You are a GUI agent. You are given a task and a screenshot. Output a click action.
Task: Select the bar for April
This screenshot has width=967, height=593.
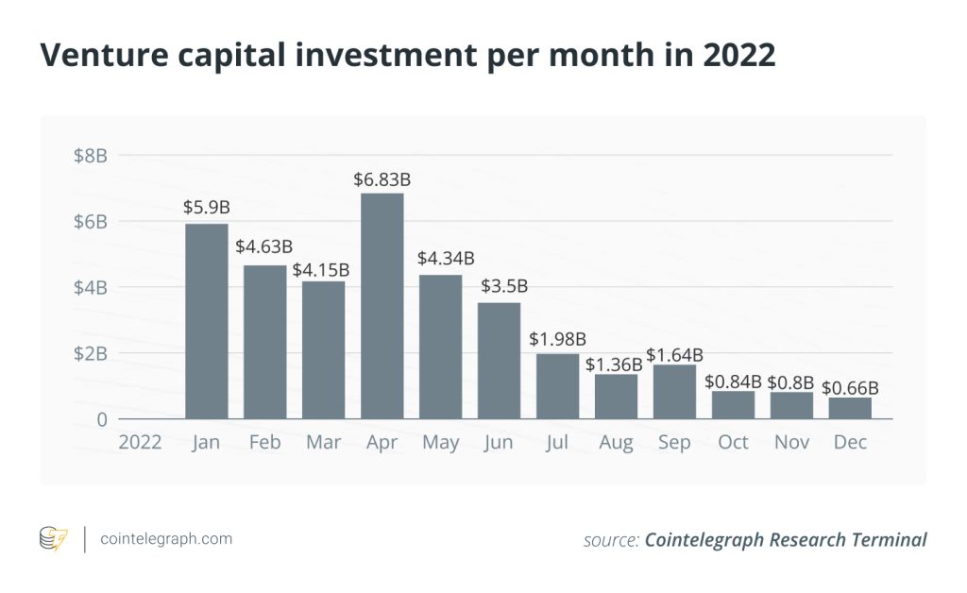pos(382,306)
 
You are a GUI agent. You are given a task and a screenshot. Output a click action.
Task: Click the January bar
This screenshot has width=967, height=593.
pos(207,321)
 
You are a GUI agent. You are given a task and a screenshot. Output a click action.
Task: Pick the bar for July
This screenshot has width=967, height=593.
pos(557,386)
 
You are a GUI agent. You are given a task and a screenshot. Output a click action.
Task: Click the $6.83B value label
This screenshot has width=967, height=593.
pos(382,179)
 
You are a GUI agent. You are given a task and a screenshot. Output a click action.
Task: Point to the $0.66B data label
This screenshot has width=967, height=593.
pos(850,387)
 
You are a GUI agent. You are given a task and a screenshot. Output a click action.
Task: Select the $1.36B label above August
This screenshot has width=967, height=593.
pos(615,363)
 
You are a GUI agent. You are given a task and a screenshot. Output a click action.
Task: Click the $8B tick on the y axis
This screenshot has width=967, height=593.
pos(91,156)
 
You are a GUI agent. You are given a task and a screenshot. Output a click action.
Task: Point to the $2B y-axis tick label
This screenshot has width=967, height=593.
pos(91,353)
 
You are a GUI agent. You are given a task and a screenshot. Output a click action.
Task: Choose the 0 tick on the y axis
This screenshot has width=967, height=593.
pos(99,419)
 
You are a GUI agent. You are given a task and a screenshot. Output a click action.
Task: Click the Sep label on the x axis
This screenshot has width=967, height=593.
pos(674,442)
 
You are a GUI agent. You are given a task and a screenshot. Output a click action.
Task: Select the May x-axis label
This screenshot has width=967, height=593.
pos(440,442)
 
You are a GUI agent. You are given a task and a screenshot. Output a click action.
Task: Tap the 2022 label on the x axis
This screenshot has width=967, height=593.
pos(139,442)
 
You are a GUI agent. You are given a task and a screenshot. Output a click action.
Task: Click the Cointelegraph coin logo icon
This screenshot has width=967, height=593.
pos(53,539)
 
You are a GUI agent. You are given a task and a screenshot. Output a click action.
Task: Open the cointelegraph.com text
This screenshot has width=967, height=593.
pos(165,539)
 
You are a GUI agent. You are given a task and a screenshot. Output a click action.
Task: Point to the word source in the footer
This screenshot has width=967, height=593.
pos(611,540)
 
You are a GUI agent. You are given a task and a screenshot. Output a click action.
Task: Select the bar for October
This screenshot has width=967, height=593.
pos(733,405)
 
